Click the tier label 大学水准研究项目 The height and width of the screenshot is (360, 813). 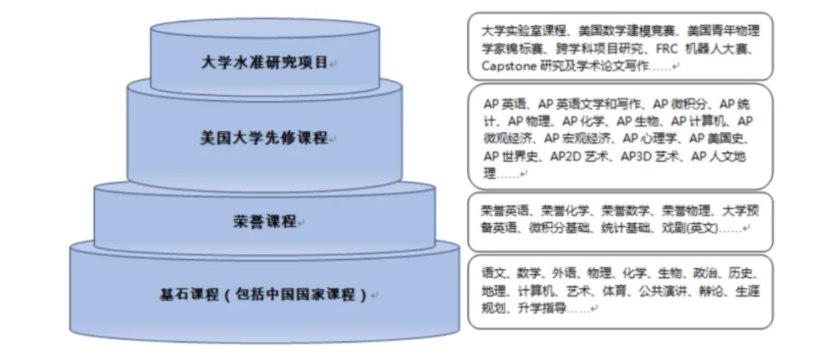(x=264, y=63)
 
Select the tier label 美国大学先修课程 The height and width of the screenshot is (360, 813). (x=263, y=139)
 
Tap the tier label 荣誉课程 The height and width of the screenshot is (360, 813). (x=263, y=222)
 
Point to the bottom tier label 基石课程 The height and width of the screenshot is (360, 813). (x=263, y=294)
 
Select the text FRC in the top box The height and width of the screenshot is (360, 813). (x=668, y=49)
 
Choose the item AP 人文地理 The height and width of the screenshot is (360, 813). (x=722, y=156)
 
